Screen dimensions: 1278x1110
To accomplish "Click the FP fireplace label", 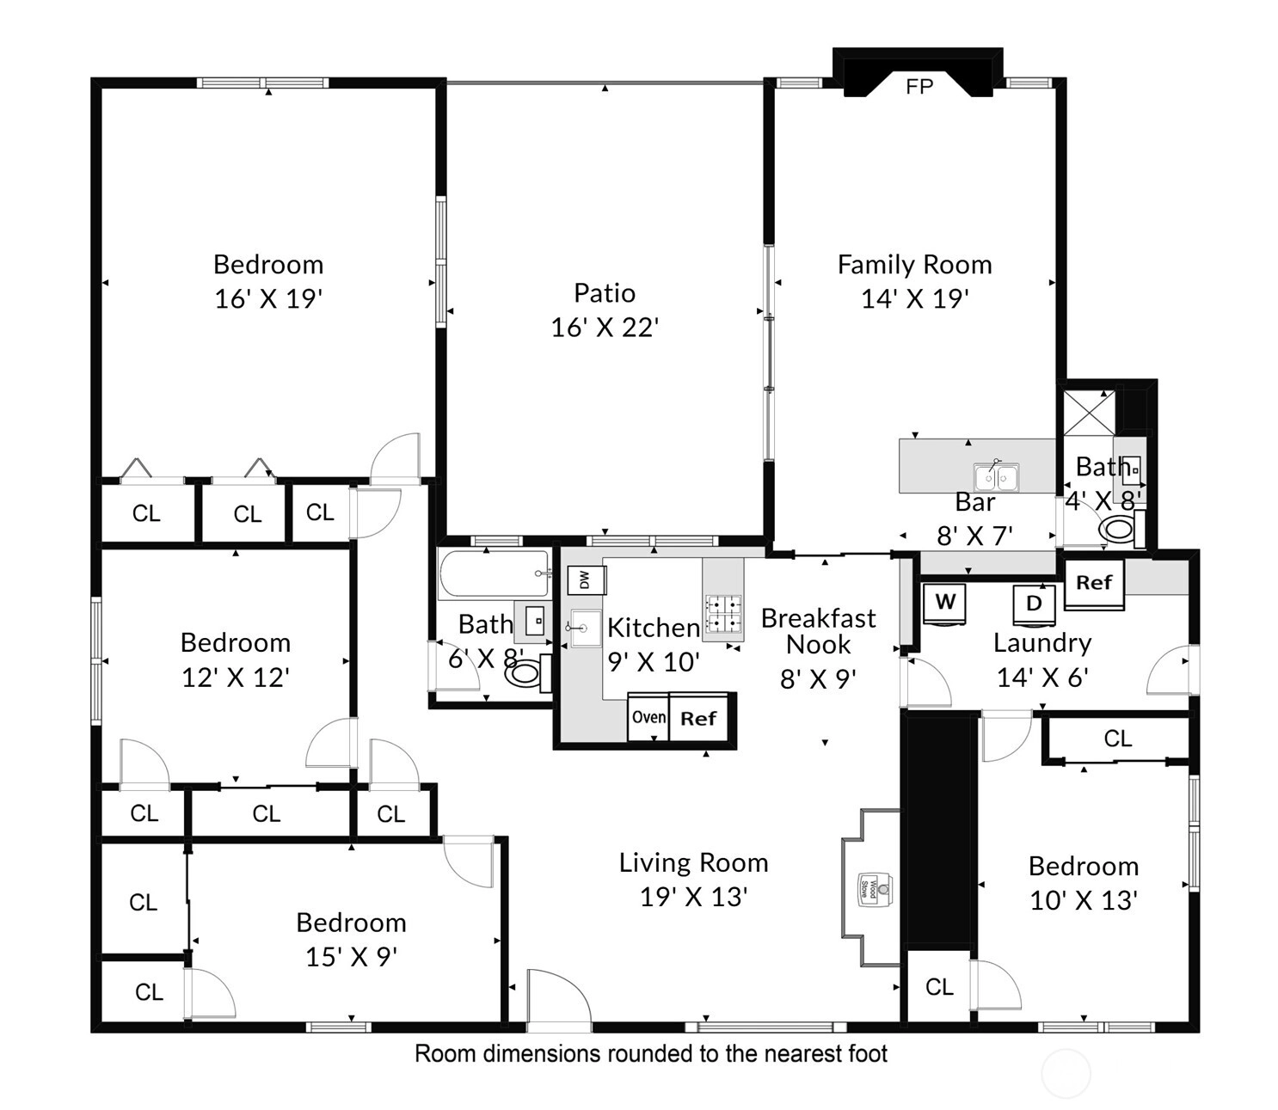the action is [919, 86].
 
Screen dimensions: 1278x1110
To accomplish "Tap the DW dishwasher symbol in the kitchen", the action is [586, 580].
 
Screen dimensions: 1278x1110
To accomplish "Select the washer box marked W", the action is [944, 603].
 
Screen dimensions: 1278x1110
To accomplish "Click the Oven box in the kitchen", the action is [648, 717].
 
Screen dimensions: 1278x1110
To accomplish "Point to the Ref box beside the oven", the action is [698, 717].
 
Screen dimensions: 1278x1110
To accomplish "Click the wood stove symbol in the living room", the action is [876, 888].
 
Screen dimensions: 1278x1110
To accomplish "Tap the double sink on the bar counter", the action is [996, 477].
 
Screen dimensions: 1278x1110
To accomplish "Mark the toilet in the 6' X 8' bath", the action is [528, 673].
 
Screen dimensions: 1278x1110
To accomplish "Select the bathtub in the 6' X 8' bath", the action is [494, 573].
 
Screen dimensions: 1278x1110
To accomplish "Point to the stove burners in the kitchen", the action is [723, 614].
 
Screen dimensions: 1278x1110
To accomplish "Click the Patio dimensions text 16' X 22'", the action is [605, 328].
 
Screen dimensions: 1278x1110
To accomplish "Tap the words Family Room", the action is [914, 265].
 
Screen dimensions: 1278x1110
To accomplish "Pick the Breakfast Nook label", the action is [818, 631].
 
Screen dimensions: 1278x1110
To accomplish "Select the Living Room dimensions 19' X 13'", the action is [694, 897].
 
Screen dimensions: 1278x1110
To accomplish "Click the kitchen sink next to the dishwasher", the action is [585, 628].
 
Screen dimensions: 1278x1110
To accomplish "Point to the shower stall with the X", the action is [1089, 411].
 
